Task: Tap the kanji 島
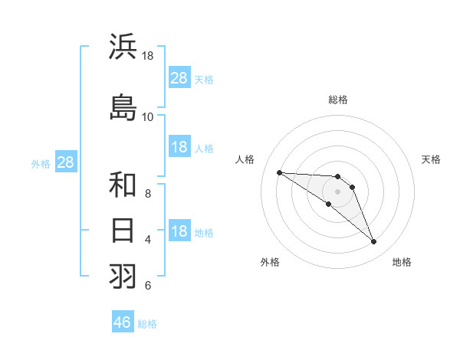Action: (x=123, y=107)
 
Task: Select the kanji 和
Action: (x=123, y=185)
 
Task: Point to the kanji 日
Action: (x=123, y=230)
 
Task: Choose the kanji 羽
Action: (x=123, y=276)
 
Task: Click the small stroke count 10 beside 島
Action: (x=148, y=116)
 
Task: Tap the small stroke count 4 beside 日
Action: (x=148, y=240)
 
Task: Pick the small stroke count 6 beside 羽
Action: (x=148, y=286)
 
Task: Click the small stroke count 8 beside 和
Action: (x=148, y=195)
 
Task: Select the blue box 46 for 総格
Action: (x=123, y=322)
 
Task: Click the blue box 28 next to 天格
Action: (x=179, y=78)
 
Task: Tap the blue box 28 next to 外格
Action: (x=65, y=162)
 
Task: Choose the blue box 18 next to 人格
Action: (x=179, y=147)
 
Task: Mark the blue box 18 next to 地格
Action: (x=179, y=231)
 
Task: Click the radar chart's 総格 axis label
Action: (x=338, y=100)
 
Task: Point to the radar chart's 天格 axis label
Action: (x=432, y=159)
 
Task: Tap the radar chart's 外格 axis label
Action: (x=270, y=262)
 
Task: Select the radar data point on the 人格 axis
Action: (x=279, y=172)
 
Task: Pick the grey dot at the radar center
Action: (x=338, y=191)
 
